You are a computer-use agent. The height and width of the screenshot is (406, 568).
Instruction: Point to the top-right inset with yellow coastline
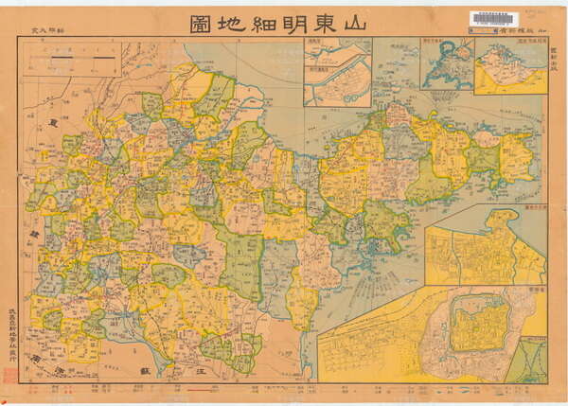click(x=510, y=66)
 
